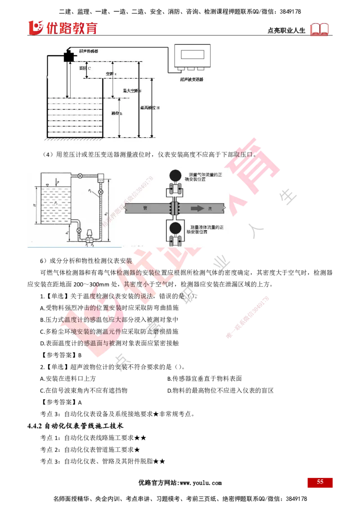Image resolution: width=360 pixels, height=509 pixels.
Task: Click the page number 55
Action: (x=320, y=482)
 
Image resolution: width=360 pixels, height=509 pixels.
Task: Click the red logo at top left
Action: (x=63, y=27)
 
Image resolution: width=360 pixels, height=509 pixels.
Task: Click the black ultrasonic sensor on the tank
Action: (x=70, y=56)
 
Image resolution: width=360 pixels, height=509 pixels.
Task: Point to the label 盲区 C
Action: (x=85, y=68)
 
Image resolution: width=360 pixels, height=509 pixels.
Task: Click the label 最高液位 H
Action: (x=150, y=108)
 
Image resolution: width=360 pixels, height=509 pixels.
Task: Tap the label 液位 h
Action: (x=117, y=113)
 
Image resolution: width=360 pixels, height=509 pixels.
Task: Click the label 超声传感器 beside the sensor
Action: (x=89, y=52)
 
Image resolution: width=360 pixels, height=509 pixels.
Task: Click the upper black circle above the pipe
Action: (x=175, y=175)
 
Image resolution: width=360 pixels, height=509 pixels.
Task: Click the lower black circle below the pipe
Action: (x=175, y=228)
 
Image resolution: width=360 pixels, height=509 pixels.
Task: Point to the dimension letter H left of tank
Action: (x=35, y=203)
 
